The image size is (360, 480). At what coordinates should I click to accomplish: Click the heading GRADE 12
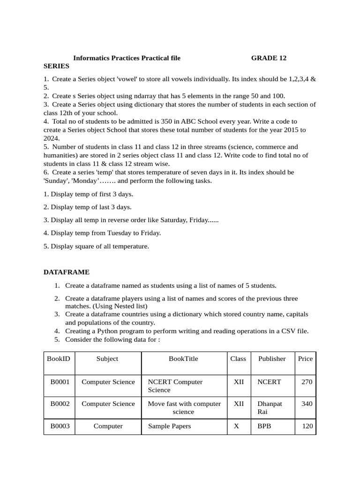269,58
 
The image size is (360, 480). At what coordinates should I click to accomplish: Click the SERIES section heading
56,67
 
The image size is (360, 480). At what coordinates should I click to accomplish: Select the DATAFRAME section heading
66,272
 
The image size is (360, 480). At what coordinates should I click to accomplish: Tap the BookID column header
59,359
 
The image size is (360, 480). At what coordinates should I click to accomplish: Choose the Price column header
305,359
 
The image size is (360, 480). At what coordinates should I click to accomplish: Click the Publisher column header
272,359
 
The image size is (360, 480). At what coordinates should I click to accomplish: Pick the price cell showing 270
307,382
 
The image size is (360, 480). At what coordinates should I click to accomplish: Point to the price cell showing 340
307,404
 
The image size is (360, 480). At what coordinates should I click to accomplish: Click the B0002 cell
60,404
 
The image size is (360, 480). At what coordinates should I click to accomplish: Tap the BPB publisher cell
264,427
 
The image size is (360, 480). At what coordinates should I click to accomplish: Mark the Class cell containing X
239,427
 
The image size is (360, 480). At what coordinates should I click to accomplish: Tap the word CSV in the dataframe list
278,331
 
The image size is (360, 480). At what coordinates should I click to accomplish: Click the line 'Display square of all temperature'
96,246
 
